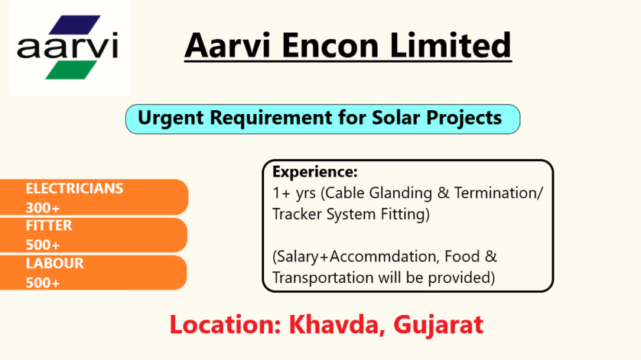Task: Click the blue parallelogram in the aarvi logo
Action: click(74, 24)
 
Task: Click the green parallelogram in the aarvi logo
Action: click(71, 70)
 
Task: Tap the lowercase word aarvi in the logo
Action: click(67, 45)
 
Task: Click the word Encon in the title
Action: click(330, 45)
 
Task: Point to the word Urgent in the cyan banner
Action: click(171, 118)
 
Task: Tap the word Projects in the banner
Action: click(464, 118)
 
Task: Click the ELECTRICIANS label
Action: click(74, 188)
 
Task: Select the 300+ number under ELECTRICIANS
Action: click(43, 208)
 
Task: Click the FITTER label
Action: click(49, 225)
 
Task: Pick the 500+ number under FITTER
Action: click(43, 245)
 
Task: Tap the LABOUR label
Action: click(55, 263)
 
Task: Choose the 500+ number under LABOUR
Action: click(43, 283)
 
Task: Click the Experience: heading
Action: click(315, 172)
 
